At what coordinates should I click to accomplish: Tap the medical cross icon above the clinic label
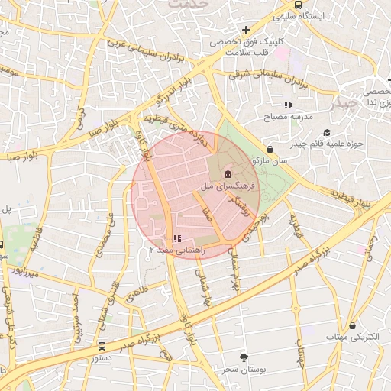point(245,29)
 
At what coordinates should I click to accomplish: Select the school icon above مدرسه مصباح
point(288,105)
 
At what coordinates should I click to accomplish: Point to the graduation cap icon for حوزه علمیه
point(327,133)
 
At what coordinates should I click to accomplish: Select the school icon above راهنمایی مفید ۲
point(178,238)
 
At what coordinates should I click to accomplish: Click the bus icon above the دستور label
point(102,346)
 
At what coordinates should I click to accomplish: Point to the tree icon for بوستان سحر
point(244,357)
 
